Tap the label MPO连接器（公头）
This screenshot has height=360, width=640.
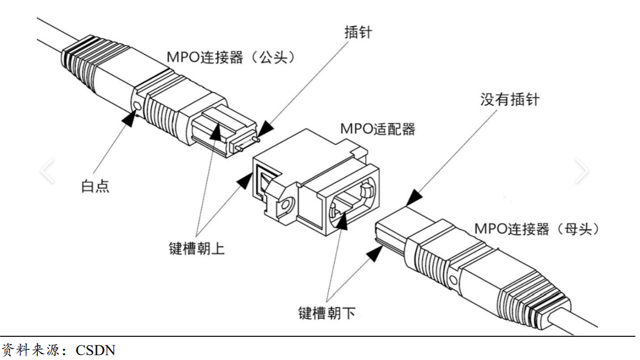click(231, 57)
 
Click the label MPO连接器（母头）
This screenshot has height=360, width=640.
click(537, 228)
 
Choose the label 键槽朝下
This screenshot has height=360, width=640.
click(327, 313)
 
